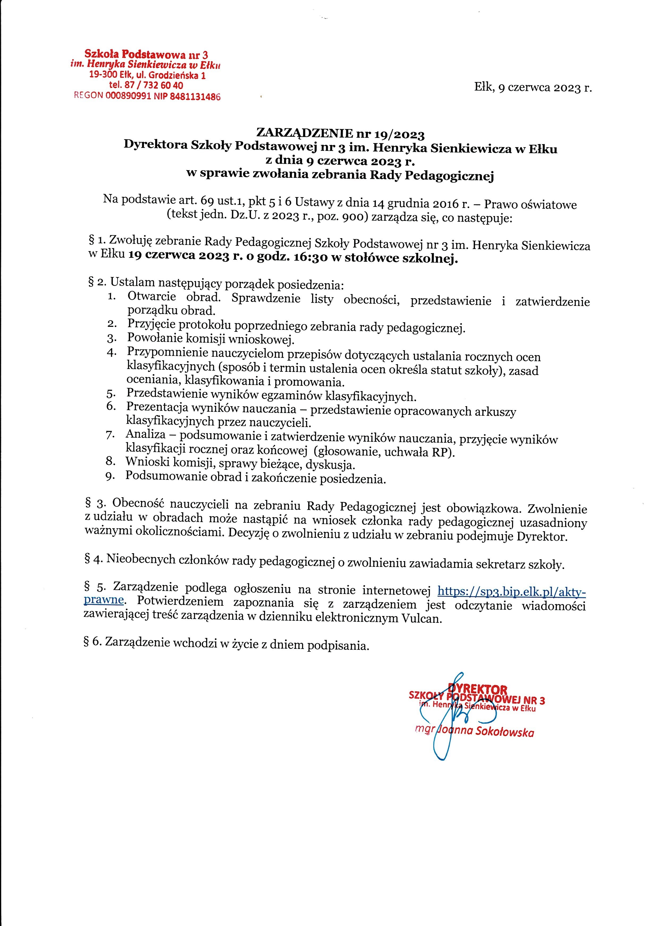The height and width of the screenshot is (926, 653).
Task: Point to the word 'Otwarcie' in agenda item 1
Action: pos(152,297)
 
